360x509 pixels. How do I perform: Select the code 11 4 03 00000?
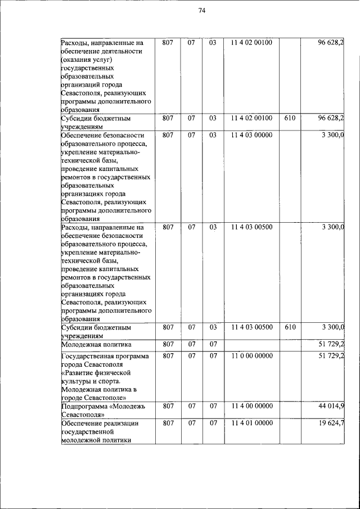coord(251,136)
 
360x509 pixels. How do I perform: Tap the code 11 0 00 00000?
coord(251,356)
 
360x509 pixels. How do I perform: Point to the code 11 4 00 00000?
coord(251,406)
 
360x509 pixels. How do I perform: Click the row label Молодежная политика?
coord(96,344)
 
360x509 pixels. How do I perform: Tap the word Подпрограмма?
coord(85,406)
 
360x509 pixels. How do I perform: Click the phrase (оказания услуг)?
coord(87,60)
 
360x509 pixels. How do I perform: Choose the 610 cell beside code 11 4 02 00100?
coord(290,118)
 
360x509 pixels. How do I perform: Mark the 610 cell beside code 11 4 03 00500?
coord(290,327)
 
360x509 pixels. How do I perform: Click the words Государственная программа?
coord(105,356)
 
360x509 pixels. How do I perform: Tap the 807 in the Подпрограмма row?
coord(168,406)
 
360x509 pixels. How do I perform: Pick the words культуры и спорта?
coord(91,381)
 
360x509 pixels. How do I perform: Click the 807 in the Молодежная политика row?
coord(168,344)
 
